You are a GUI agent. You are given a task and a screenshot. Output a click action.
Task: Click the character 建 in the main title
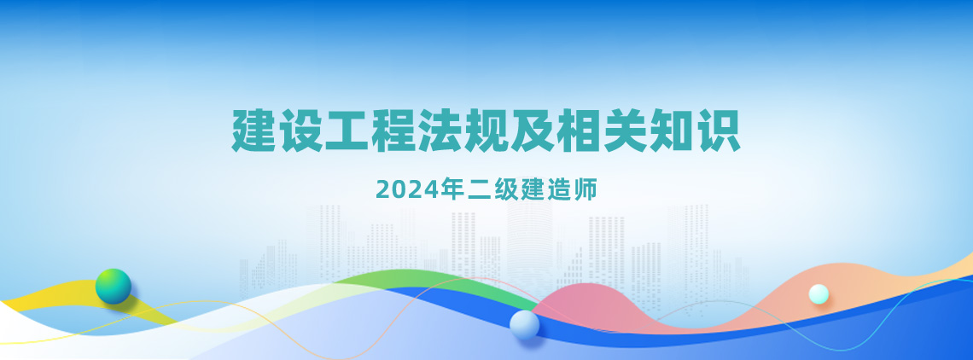(x=254, y=131)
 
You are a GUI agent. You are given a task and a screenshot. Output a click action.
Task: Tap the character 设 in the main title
(x=300, y=131)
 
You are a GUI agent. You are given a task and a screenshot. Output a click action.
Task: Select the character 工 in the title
(x=347, y=131)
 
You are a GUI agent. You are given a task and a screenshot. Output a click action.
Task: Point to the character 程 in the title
(x=393, y=131)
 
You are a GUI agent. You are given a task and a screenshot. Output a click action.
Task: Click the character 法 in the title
(x=440, y=131)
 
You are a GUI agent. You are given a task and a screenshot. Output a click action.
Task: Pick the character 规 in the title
(x=486, y=131)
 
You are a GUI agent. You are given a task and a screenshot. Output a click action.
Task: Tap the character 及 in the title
(x=533, y=131)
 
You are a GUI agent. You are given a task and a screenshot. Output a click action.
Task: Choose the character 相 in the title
(x=580, y=131)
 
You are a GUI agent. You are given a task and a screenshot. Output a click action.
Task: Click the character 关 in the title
(x=626, y=131)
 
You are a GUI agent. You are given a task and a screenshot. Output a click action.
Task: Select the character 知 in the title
(x=672, y=131)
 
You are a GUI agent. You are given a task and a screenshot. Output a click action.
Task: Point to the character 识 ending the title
(x=719, y=131)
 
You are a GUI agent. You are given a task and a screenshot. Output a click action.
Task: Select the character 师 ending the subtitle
(x=586, y=189)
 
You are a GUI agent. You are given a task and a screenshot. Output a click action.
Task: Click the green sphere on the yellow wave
(x=114, y=286)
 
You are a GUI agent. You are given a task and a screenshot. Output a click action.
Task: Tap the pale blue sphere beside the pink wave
(x=524, y=325)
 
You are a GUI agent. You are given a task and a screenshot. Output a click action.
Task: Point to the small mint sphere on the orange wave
(x=819, y=294)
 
